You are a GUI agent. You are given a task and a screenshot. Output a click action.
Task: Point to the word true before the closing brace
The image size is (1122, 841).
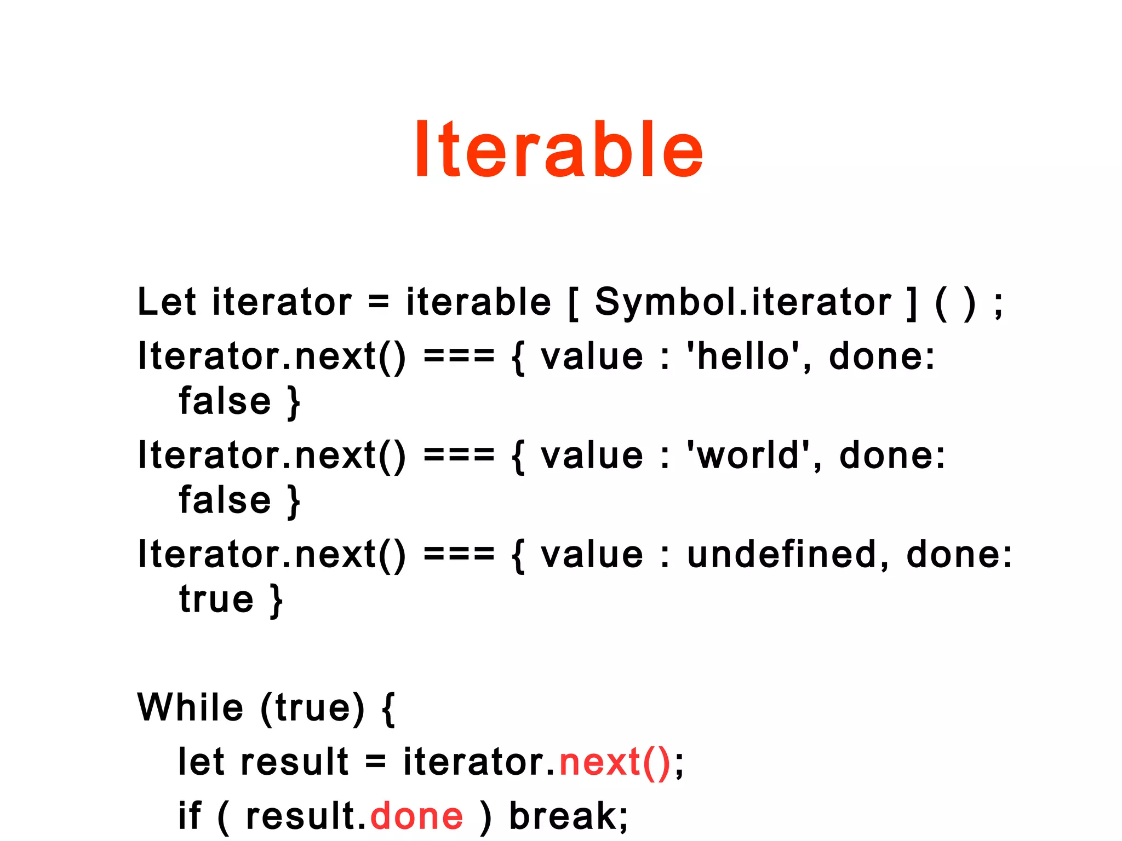pos(216,599)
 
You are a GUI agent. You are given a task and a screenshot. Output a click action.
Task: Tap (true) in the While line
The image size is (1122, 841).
pos(312,708)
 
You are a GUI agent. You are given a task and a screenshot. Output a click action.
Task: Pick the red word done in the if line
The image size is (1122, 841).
pos(417,816)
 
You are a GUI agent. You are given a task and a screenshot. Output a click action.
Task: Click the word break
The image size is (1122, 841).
pos(564,816)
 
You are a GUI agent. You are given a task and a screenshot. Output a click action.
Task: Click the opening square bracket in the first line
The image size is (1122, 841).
pos(573,303)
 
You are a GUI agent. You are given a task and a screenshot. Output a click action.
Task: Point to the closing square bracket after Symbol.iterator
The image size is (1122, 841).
pos(912,303)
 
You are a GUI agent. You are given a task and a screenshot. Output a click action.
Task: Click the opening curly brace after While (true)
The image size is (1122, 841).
pos(388,708)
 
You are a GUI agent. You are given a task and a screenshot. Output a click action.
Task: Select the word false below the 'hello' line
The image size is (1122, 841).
pos(225,401)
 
